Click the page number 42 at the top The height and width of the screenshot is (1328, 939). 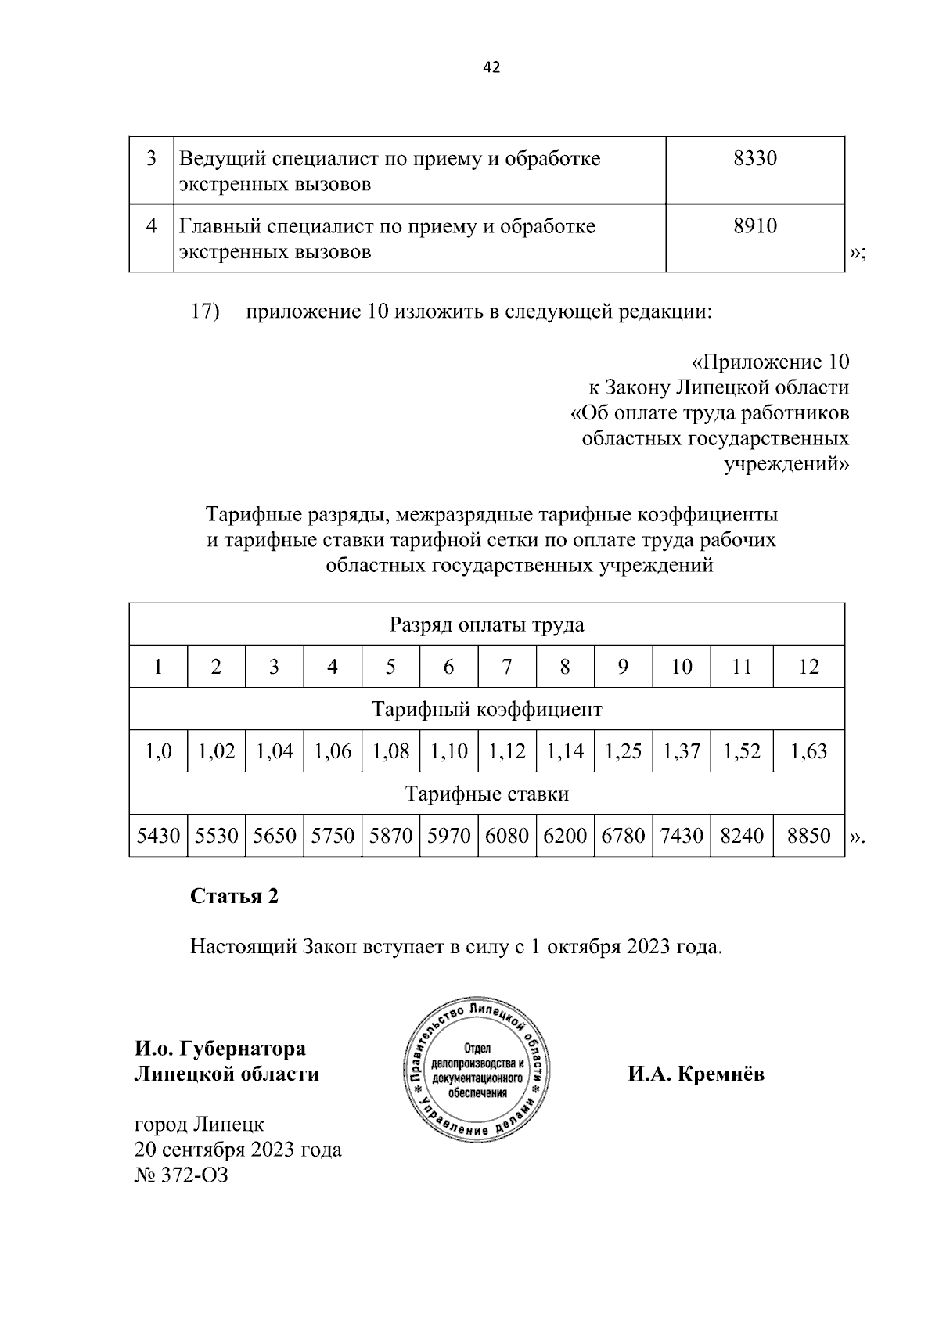(491, 67)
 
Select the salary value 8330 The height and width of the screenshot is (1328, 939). (755, 159)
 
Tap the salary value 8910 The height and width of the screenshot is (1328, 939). (755, 226)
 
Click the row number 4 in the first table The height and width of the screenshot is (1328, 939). (152, 226)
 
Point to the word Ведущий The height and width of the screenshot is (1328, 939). (222, 159)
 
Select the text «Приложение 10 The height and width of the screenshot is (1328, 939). (770, 362)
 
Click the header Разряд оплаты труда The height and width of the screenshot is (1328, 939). (487, 624)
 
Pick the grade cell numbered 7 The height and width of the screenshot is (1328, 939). (507, 667)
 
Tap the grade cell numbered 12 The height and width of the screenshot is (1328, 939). (808, 667)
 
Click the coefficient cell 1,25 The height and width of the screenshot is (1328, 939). (623, 751)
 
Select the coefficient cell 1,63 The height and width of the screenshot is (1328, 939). (808, 751)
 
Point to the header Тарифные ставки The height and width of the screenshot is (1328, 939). (487, 794)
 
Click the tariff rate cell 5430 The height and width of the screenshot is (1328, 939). (158, 836)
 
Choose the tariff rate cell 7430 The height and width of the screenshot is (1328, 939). (681, 836)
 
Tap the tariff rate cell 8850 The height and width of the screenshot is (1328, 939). (808, 836)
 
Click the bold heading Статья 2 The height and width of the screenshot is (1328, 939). (234, 896)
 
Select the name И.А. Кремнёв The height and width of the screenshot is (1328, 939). (696, 1074)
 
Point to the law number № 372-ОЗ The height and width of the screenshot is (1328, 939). (182, 1175)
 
